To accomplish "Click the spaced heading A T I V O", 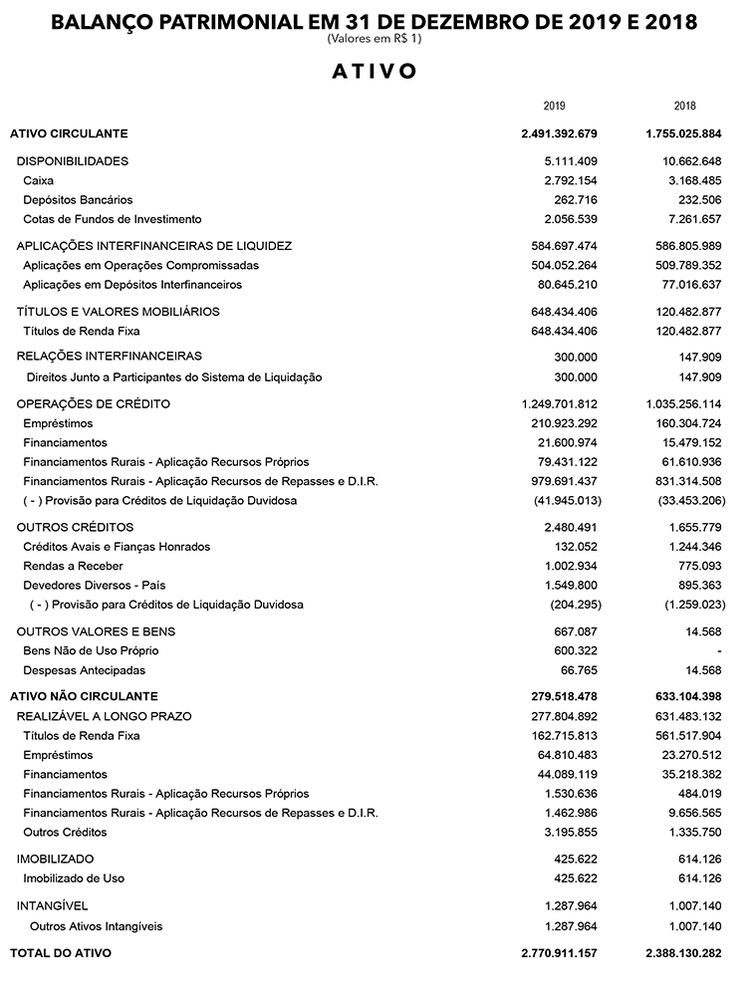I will pos(375,72).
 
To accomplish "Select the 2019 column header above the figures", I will pos(555,106).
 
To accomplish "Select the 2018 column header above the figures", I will pos(684,106).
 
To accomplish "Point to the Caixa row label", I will pos(38,180).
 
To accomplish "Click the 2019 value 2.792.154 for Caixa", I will pos(571,180).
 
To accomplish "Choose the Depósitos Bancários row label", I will pos(78,199).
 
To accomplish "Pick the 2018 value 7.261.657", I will pos(696,219).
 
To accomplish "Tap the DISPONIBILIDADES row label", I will pos(73,160).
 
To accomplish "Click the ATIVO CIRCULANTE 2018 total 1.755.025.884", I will pos(682,133).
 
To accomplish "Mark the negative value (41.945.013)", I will pos(567,501).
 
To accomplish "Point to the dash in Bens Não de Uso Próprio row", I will pos(718,651).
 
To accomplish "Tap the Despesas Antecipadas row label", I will pos(84,670).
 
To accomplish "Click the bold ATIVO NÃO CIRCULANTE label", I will pos(84,696).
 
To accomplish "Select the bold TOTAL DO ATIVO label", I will pos(61,953).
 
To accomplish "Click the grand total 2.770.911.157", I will pos(559,953).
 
